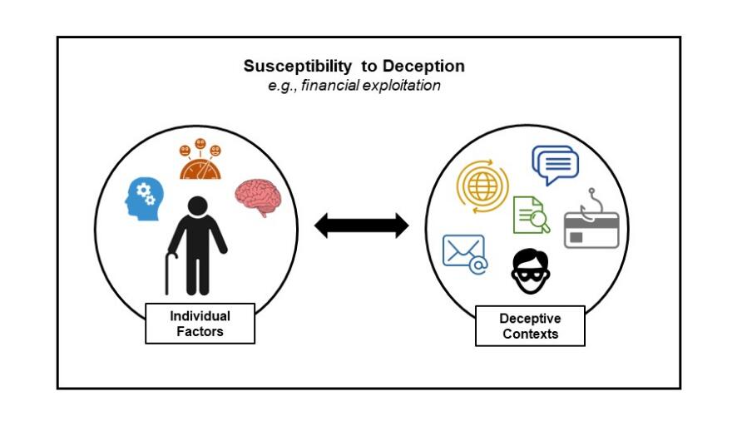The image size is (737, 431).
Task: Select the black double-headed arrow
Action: click(x=361, y=225)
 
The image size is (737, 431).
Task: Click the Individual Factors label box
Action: click(x=200, y=324)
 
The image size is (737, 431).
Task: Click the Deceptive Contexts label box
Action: click(x=530, y=325)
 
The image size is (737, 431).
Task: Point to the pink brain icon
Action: click(x=257, y=196)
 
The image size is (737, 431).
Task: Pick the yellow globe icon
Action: click(x=480, y=186)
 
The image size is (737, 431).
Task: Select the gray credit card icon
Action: click(x=591, y=230)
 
